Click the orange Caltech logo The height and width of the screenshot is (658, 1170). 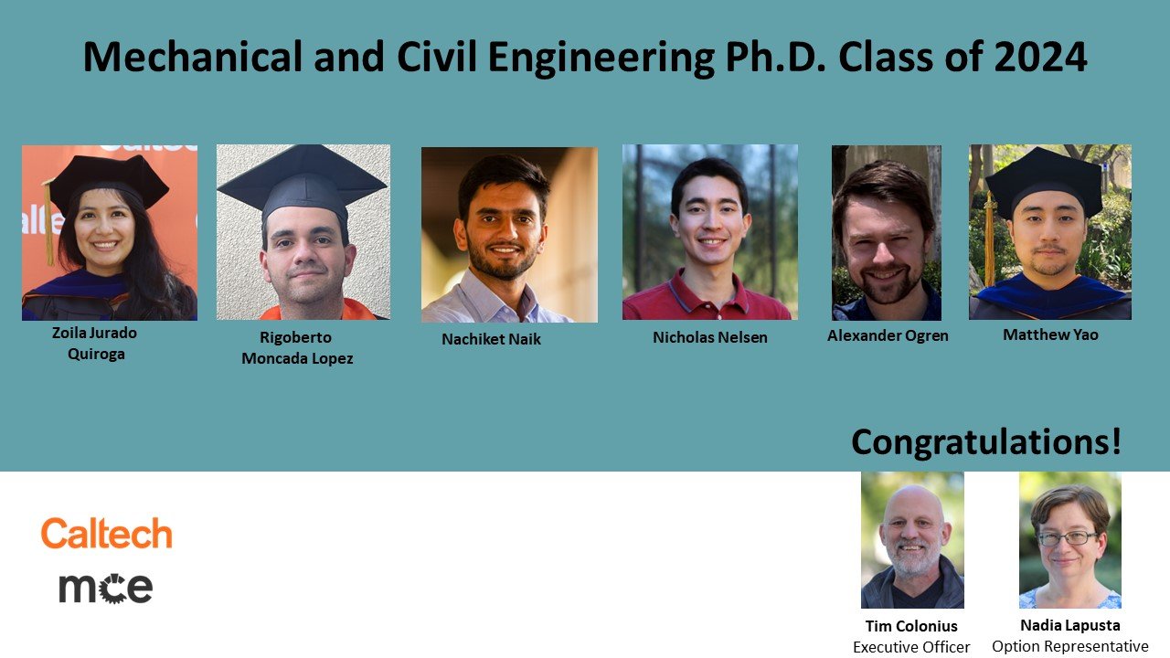[107, 533]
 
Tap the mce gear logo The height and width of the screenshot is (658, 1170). [105, 589]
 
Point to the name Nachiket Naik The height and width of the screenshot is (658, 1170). [491, 339]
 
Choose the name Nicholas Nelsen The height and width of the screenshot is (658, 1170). [710, 337]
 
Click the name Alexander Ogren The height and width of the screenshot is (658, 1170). [888, 335]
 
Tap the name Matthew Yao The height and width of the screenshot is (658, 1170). [1050, 334]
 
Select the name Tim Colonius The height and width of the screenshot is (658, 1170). [911, 626]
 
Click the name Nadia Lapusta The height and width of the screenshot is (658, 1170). [1070, 625]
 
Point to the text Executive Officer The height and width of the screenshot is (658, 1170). [911, 647]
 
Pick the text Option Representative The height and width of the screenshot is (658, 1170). [1070, 646]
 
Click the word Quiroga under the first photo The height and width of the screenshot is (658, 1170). [96, 354]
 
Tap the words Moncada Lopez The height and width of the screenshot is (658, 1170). [297, 359]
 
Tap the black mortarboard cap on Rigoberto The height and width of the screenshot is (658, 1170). [302, 181]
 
